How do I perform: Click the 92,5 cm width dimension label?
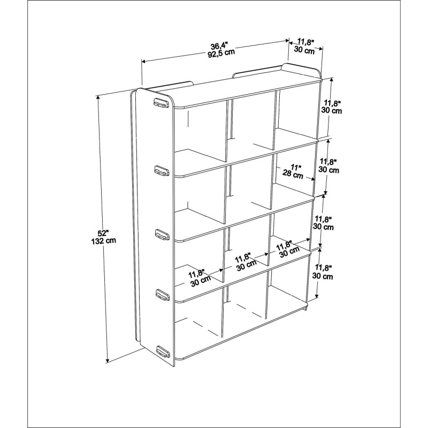[x=221, y=52]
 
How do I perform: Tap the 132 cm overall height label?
[x=104, y=240]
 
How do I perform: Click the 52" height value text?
[x=103, y=233]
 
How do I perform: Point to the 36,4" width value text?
[x=219, y=45]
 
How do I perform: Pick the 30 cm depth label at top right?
[x=304, y=50]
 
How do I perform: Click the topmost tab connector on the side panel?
[x=161, y=103]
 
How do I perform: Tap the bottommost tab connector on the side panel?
[x=163, y=351]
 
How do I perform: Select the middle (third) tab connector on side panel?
[x=162, y=234]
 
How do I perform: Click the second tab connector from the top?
[x=162, y=170]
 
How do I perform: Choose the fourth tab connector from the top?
[x=163, y=294]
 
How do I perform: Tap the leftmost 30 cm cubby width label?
[x=201, y=280]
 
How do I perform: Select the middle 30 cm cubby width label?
[x=247, y=265]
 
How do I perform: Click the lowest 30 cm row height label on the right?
[x=323, y=276]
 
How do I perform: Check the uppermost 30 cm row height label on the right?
[x=332, y=111]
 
